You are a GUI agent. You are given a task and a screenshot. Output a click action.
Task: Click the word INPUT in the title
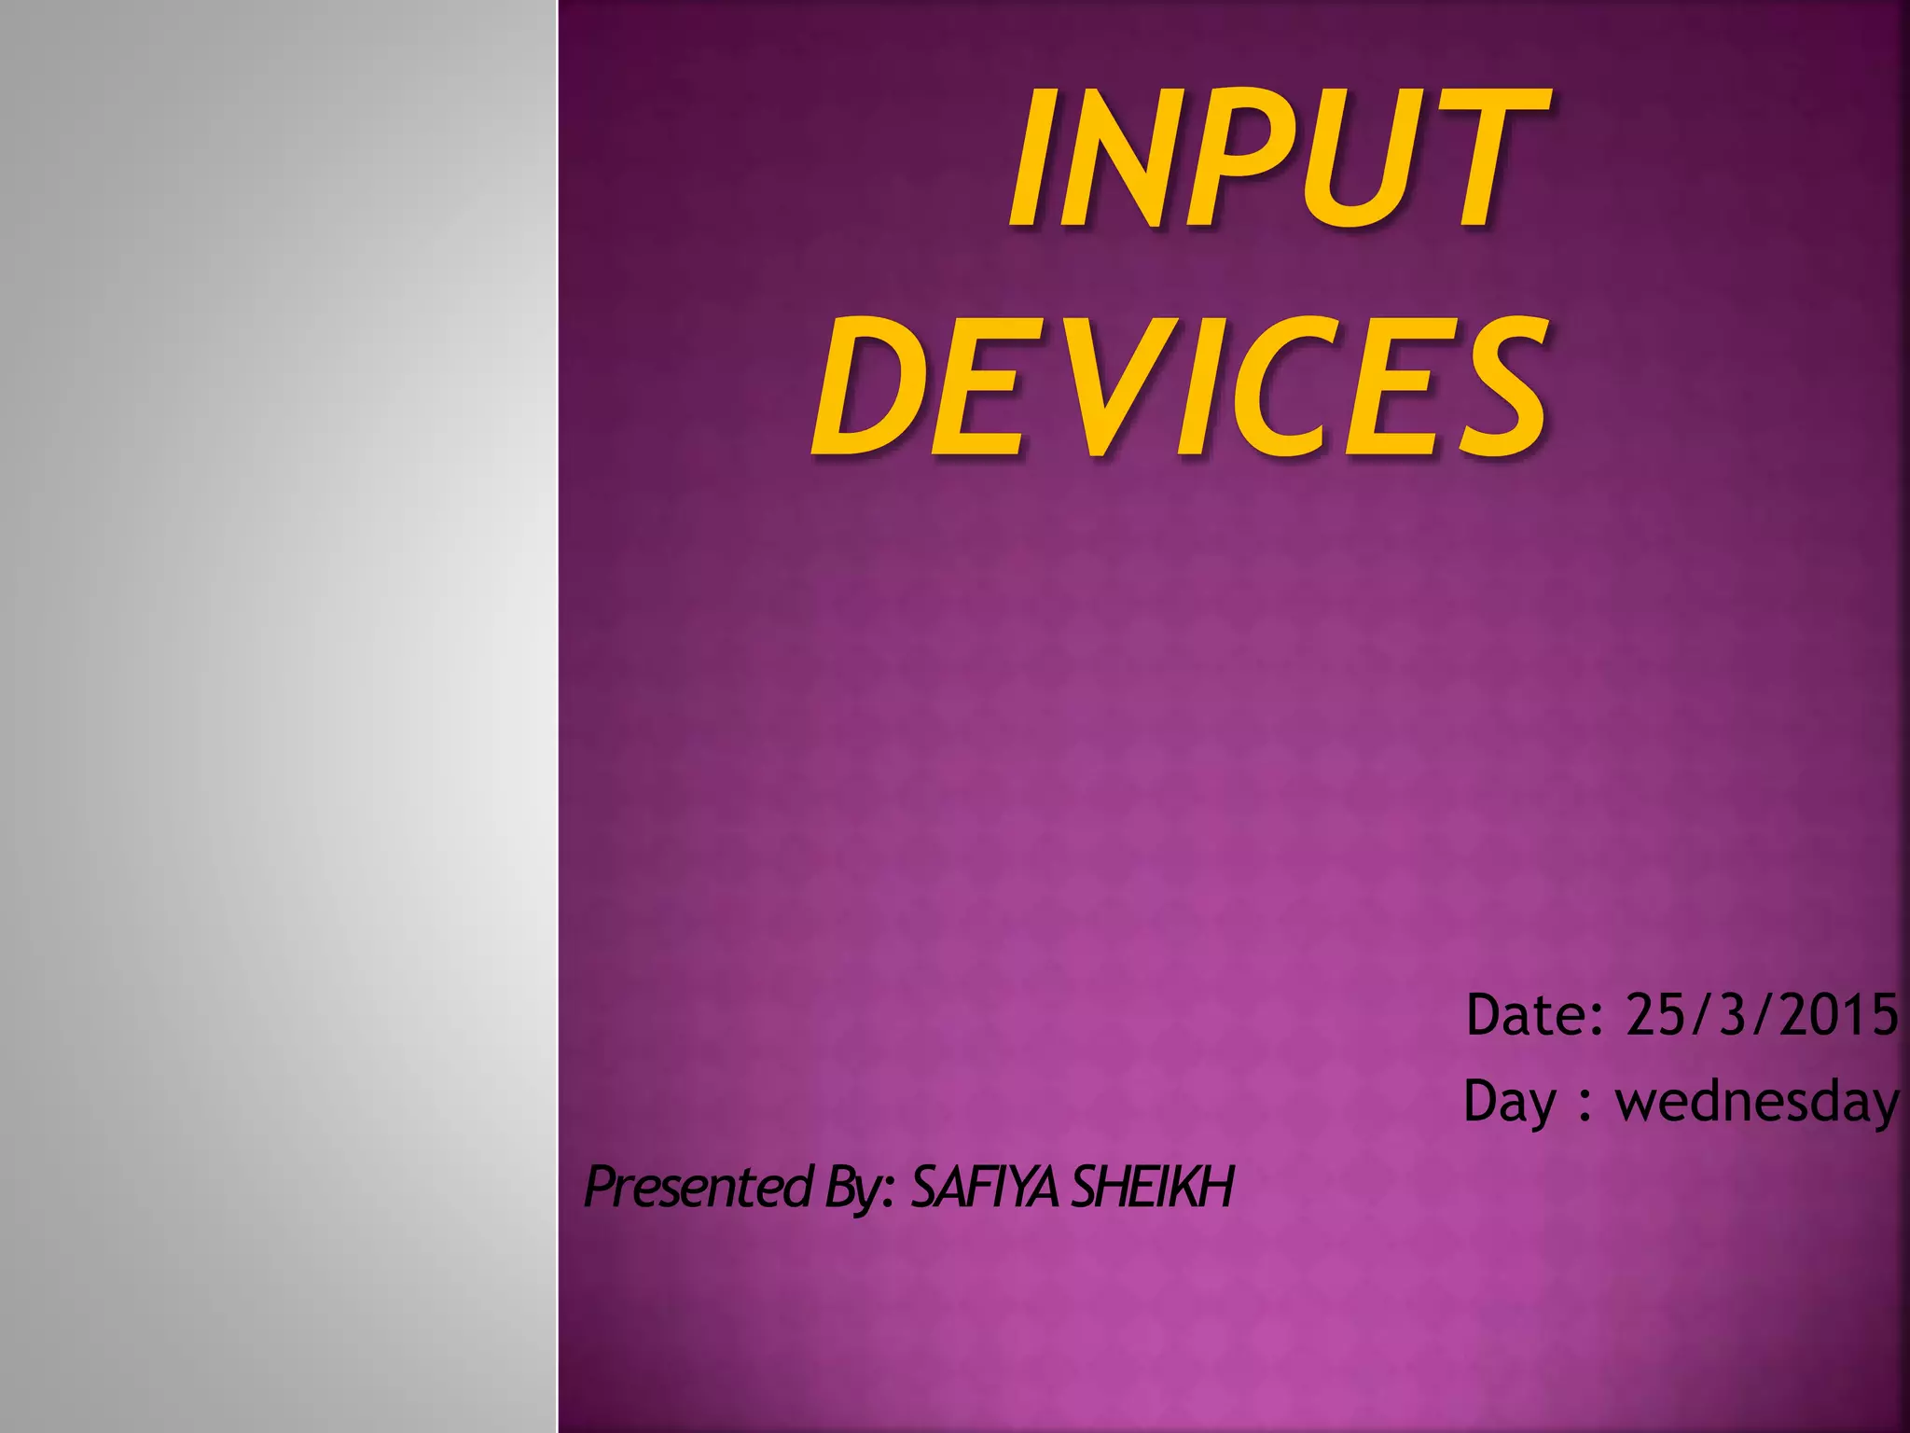1278,159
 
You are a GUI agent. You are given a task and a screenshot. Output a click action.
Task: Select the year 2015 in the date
1838,1014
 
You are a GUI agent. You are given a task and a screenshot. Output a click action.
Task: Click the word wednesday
1757,1102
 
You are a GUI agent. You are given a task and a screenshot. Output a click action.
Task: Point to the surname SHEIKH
1153,1187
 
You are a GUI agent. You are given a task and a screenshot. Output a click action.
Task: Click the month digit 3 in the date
1735,1014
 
